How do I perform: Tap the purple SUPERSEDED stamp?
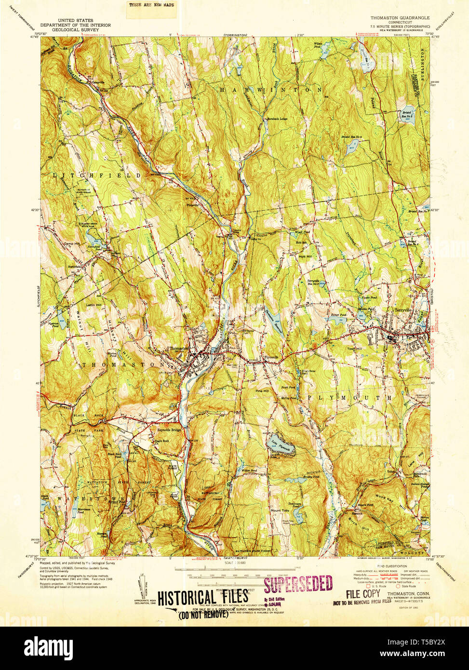(x=298, y=584)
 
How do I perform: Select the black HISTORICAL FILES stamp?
(x=203, y=597)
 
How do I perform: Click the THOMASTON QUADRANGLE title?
(x=400, y=18)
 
